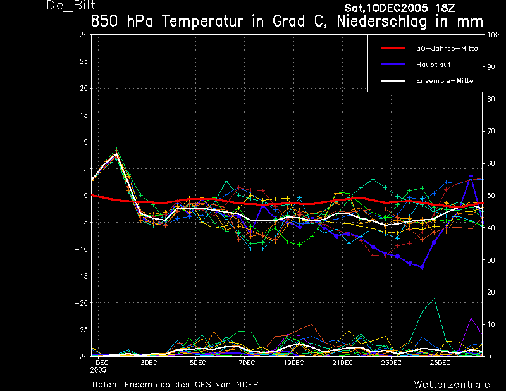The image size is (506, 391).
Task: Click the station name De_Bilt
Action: (71, 5)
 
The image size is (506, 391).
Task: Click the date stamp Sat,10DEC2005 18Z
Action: (400, 8)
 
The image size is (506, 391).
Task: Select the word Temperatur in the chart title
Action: (202, 22)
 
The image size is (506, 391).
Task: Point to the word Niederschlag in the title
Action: (381, 22)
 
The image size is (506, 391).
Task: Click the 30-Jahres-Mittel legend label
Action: (448, 49)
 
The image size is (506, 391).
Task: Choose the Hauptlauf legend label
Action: (433, 65)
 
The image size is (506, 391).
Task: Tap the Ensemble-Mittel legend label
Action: (445, 81)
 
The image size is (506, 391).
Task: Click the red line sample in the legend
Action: (393, 49)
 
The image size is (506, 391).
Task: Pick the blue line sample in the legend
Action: (393, 65)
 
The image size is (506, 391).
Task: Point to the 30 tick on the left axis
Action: (83, 35)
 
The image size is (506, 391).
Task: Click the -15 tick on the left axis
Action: (82, 276)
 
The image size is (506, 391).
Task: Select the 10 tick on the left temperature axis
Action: (84, 142)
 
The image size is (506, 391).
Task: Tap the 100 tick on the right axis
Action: (493, 35)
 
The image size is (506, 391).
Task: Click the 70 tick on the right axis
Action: (491, 131)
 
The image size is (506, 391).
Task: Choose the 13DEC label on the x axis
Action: (147, 363)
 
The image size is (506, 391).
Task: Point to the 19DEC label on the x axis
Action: (293, 363)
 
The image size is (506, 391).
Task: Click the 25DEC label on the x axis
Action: (440, 363)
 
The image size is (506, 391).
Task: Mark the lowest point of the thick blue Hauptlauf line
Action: (422, 268)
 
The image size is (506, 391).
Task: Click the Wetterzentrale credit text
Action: (452, 385)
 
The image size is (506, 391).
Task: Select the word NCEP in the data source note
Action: (247, 385)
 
